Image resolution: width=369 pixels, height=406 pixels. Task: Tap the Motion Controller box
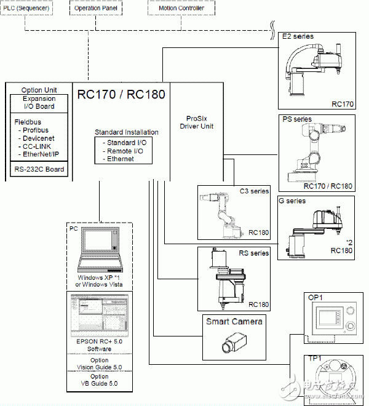pos(178,8)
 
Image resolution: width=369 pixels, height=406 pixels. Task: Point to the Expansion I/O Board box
pos(39,102)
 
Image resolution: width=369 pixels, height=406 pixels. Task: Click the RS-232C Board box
pos(39,169)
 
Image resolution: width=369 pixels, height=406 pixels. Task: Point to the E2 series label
pos(298,36)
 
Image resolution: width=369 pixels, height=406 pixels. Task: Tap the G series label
pos(296,201)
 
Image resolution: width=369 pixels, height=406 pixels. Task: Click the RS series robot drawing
pos(227,276)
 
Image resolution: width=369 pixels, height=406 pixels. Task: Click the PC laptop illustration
pos(99,249)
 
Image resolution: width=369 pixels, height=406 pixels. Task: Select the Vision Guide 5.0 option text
pos(99,367)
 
